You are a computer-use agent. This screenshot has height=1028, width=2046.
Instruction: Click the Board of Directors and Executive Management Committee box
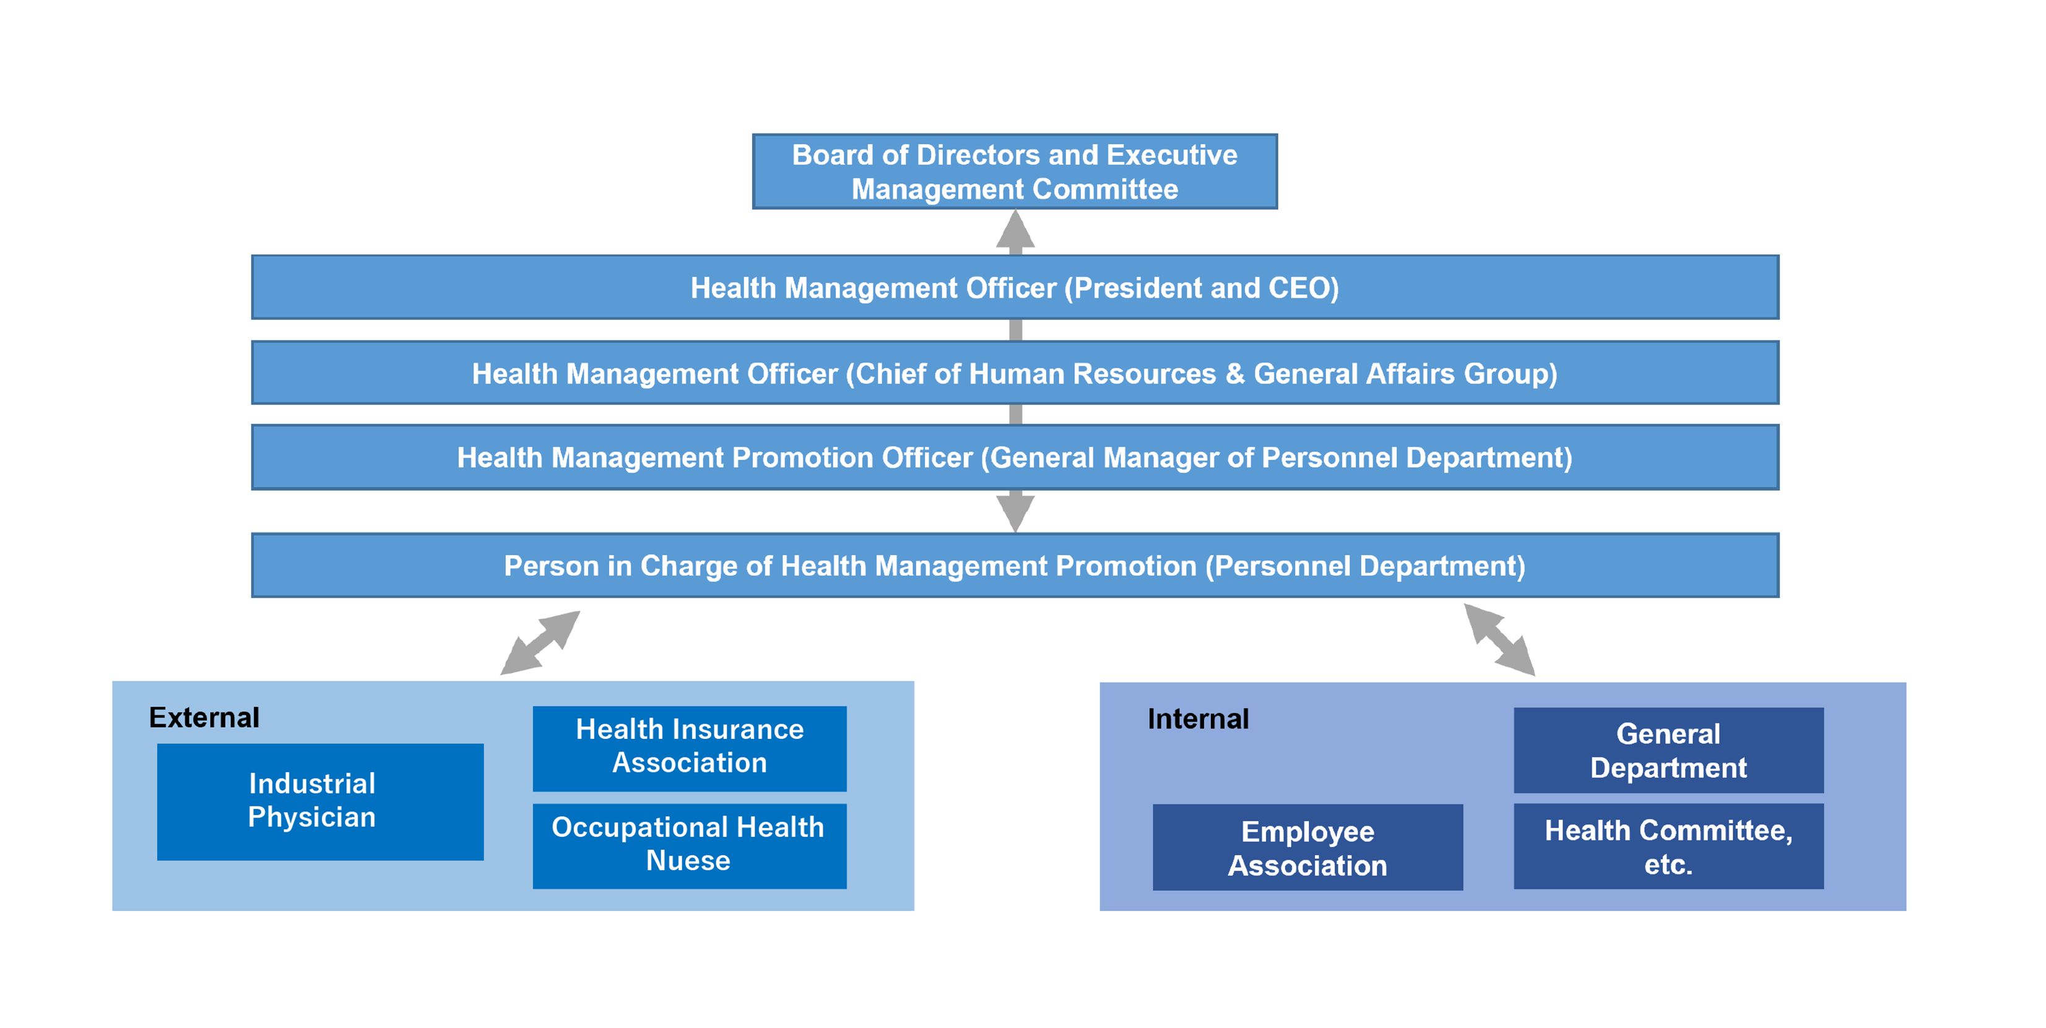[x=1014, y=171]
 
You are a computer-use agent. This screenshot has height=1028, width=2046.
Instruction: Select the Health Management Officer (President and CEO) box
[x=1014, y=287]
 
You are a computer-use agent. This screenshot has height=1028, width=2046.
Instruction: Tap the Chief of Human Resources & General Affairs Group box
[x=1014, y=373]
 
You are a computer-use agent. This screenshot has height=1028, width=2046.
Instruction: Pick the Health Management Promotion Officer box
[x=1014, y=457]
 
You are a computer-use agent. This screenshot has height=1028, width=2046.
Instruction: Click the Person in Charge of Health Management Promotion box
[x=1014, y=565]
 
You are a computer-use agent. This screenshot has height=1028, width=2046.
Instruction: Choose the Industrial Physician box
[x=320, y=801]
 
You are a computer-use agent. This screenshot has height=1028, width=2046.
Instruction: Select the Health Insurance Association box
[x=690, y=748]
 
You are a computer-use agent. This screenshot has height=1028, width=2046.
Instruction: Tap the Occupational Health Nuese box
[x=690, y=845]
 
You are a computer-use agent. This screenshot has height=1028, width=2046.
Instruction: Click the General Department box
[x=1668, y=750]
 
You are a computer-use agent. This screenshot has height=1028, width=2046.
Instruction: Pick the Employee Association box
[x=1307, y=847]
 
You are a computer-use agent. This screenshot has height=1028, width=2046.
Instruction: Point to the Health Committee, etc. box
[x=1668, y=846]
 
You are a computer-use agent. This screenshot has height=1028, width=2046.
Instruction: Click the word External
[x=204, y=717]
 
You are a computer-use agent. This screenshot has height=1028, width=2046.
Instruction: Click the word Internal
[x=1198, y=719]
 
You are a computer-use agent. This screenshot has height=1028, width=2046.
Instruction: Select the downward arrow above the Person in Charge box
[x=1015, y=511]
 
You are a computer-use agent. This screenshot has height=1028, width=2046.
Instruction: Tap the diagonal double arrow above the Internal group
[x=1499, y=640]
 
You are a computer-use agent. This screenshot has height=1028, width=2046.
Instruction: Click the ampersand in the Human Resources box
[x=1234, y=374]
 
